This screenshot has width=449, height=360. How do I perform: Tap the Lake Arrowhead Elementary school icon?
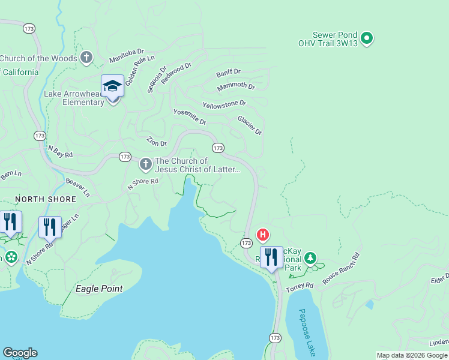(112, 86)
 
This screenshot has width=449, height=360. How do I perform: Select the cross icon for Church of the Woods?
(86, 58)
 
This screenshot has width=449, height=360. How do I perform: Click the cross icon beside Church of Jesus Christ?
(146, 164)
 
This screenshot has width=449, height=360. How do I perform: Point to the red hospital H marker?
(262, 235)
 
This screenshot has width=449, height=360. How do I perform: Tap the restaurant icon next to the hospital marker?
(271, 257)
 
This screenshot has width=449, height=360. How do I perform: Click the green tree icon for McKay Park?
(310, 259)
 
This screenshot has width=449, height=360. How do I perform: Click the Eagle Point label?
(99, 289)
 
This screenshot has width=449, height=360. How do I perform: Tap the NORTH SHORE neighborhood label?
(46, 199)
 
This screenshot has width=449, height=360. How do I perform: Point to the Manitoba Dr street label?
(127, 56)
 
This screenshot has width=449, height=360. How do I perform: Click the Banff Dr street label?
(229, 73)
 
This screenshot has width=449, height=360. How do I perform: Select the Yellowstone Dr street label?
(224, 104)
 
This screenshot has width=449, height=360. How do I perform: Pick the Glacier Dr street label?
(250, 125)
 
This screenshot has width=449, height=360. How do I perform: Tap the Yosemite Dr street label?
(190, 117)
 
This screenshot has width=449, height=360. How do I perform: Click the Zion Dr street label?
(157, 142)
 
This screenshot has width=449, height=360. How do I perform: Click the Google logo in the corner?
(20, 353)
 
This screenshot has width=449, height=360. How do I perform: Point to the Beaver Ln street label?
(78, 187)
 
